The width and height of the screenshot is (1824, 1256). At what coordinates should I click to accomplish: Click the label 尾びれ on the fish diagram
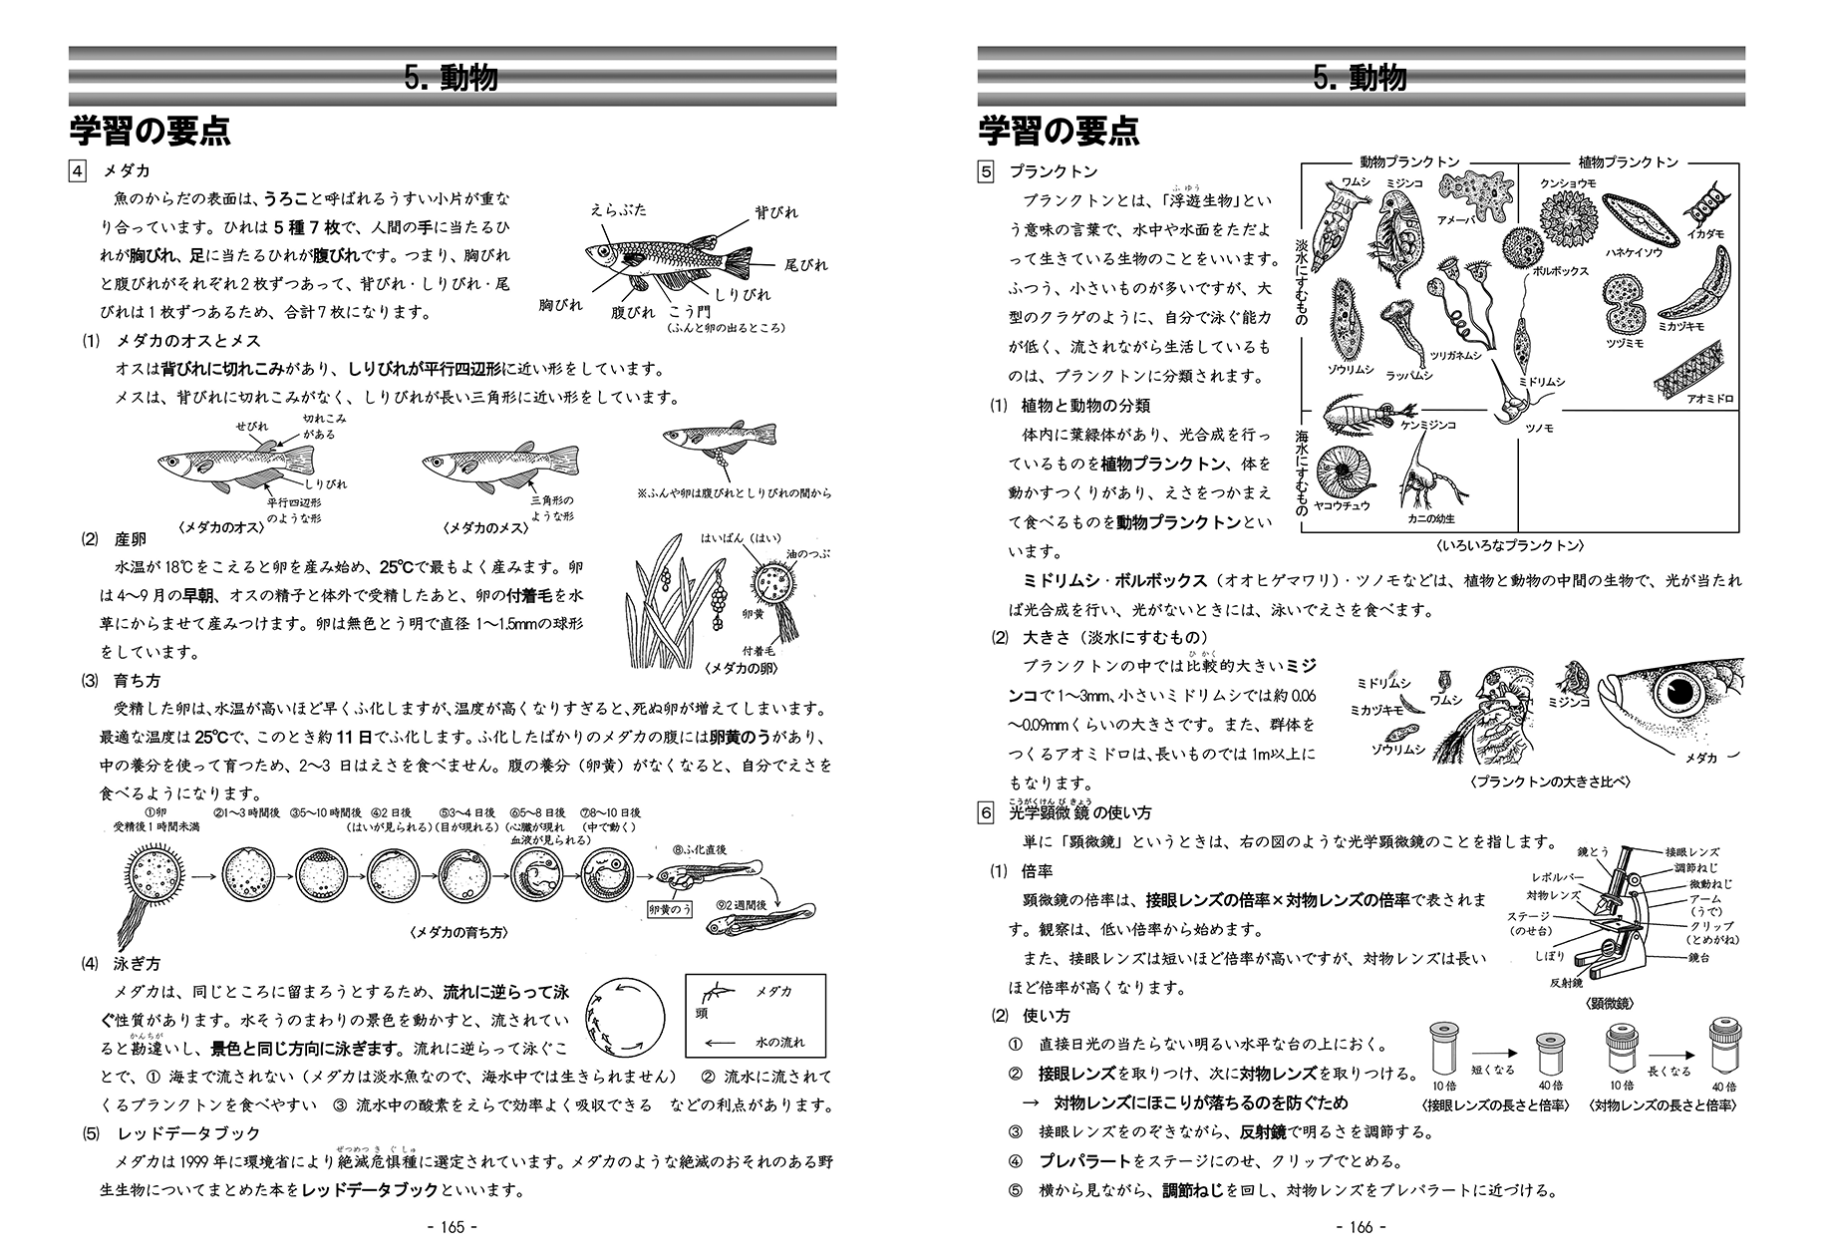pos(806,265)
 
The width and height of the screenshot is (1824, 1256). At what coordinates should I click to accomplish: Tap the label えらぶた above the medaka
pos(618,209)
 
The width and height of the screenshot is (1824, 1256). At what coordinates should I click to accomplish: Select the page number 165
pos(453,1226)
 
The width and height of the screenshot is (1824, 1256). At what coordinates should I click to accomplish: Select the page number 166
pos(1361,1226)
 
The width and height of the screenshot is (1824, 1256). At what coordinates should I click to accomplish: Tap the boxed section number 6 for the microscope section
pos(986,813)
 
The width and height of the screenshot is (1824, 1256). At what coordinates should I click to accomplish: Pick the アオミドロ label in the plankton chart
pos(1710,399)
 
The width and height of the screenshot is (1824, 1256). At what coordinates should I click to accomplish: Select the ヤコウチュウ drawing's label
pos(1342,505)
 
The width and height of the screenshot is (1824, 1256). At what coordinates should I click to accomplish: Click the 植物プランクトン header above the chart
pos(1628,161)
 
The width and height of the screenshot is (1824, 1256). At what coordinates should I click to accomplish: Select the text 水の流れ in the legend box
pos(779,1042)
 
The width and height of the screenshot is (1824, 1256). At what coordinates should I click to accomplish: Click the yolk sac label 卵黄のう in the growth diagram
pos(670,909)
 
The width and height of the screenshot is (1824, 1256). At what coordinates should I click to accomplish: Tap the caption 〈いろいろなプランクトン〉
pos(1511,546)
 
